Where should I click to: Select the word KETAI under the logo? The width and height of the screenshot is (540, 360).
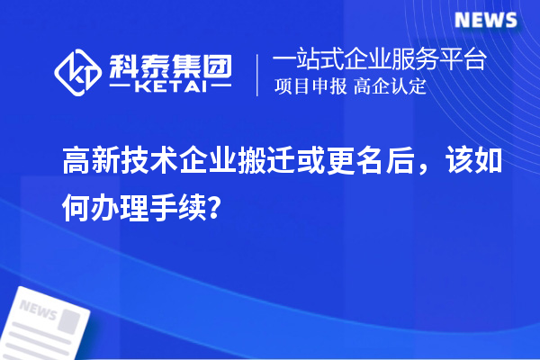point(171,88)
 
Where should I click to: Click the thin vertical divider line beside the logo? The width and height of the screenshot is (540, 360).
point(258,75)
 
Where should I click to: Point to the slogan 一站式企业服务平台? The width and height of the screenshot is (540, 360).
point(380,61)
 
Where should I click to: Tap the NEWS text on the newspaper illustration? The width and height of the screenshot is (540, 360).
point(37,311)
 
